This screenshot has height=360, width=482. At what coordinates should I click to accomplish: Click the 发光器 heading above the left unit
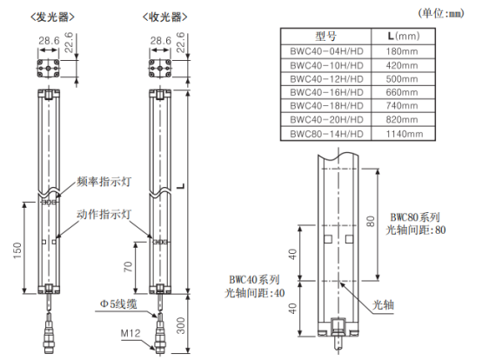52,17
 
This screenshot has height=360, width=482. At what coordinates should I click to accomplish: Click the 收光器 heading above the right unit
165,17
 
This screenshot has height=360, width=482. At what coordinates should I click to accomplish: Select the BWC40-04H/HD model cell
326,51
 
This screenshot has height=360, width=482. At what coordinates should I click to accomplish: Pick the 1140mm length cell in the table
405,134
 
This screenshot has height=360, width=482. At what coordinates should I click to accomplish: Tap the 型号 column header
326,37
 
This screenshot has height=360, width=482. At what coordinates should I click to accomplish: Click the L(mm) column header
404,37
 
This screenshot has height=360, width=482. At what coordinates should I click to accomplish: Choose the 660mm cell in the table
402,92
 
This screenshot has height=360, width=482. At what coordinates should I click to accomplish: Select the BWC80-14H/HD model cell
326,134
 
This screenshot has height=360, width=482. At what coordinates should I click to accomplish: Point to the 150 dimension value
17,250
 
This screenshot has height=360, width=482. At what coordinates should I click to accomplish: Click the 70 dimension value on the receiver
128,267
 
